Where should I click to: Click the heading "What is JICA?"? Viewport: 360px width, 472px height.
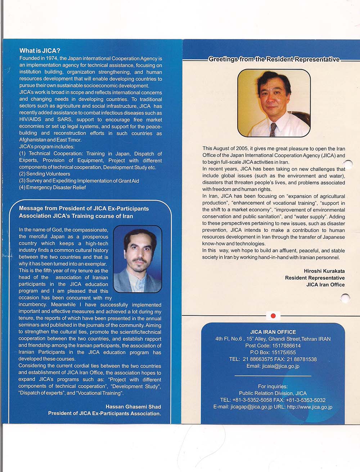[x=40, y=51]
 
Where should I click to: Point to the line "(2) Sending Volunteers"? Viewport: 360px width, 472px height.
[x=45, y=174]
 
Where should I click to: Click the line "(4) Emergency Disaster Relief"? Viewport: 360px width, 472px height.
[x=53, y=188]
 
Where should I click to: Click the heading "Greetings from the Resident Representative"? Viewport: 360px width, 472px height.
[x=274, y=59]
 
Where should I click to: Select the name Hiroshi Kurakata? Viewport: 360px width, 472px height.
[x=324, y=271]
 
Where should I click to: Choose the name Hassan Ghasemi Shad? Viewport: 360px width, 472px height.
[x=133, y=407]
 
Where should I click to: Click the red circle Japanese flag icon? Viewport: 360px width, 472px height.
[x=273, y=316]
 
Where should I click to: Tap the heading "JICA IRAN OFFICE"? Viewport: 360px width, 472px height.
[x=273, y=332]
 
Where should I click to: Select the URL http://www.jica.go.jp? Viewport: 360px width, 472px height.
[x=310, y=407]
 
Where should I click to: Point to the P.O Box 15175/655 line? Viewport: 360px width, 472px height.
[x=273, y=352]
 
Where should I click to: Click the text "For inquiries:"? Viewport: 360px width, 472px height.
[x=273, y=387]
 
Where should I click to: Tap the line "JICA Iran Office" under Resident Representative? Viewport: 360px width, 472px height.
[x=325, y=285]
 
